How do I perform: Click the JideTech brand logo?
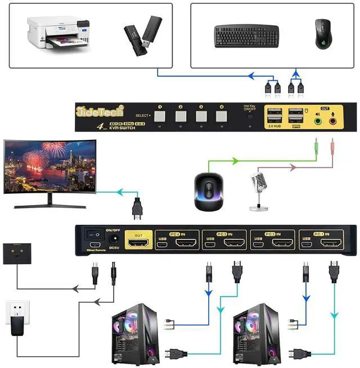click(96, 112)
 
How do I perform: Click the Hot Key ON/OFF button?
click(249, 116)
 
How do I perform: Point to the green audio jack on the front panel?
click(318, 119)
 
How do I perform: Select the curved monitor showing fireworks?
click(48, 166)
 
